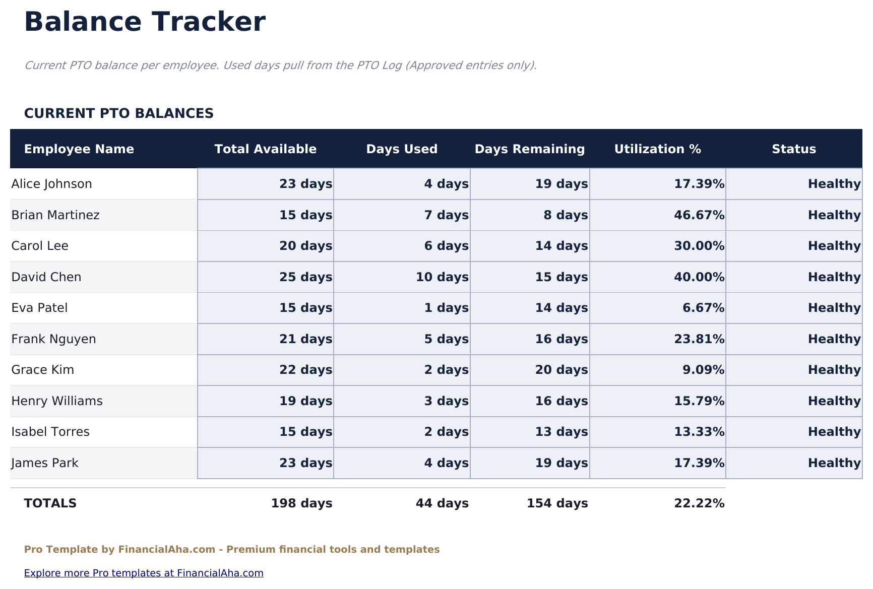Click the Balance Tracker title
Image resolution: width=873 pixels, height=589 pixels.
[x=145, y=23]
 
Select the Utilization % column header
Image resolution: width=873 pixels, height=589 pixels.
[x=657, y=149]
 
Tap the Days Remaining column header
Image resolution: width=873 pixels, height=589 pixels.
[x=529, y=149]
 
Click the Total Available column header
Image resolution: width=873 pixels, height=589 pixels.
[x=265, y=149]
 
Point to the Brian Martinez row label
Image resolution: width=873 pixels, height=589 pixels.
[x=55, y=215]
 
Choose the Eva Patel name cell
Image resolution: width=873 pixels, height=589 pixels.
[x=39, y=308]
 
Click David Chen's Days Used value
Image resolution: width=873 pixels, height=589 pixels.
[x=442, y=277]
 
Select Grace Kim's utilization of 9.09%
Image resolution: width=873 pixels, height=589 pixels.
[x=703, y=370]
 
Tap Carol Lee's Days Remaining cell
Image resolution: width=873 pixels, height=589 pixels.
[x=561, y=246]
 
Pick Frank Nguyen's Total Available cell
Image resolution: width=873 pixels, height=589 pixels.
[x=305, y=339]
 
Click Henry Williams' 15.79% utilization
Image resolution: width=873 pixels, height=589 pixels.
[x=699, y=401]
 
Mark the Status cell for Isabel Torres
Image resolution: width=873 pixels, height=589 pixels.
[x=834, y=432]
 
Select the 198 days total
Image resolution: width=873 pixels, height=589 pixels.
[x=301, y=503]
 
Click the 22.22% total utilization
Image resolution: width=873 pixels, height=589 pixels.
[x=699, y=503]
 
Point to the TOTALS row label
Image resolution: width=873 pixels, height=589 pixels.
[x=50, y=503]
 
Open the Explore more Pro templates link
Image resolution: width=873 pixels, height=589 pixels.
[x=144, y=573]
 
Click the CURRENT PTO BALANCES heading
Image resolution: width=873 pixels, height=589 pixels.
[x=119, y=113]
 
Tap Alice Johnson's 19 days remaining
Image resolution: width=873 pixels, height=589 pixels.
[x=561, y=184]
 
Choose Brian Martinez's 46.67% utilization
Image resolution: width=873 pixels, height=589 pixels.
[x=699, y=215]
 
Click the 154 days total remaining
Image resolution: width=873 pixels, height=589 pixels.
[x=557, y=503]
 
